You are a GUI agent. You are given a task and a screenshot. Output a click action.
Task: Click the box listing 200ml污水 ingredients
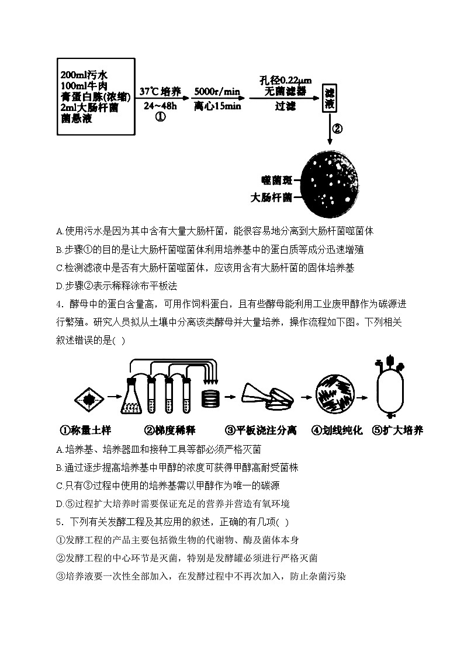point(96,96)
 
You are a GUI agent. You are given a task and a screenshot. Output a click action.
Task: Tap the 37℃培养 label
point(160,92)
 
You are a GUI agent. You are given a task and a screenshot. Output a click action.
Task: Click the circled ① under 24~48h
point(160,117)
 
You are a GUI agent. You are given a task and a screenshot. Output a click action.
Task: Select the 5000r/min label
point(217,92)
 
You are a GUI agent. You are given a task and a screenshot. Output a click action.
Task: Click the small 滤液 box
point(330,97)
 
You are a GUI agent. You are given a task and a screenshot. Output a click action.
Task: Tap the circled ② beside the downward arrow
point(337,128)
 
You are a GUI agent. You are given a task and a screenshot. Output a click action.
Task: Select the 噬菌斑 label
point(276,181)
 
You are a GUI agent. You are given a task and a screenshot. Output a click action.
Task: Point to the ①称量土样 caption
point(85,431)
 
